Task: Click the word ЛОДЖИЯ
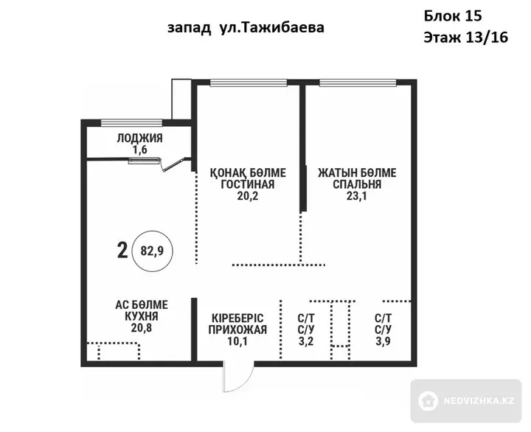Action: coord(139,138)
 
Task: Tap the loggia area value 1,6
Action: coord(140,150)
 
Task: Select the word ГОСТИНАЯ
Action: coord(248,184)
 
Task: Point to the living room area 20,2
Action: coord(248,196)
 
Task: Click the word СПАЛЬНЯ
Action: coord(357,184)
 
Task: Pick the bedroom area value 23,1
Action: coord(357,196)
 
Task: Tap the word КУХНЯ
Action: coord(142,316)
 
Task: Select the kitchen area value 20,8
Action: coord(142,328)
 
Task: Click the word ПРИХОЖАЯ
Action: coord(237,330)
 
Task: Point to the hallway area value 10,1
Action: coord(237,341)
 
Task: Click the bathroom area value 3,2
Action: coord(306,341)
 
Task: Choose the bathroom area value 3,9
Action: coord(383,341)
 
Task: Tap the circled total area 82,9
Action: coord(152,251)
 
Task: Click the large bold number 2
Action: coord(122,251)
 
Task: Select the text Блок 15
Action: coord(453,15)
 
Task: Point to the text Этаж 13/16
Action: coord(466,38)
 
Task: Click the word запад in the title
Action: coord(189,28)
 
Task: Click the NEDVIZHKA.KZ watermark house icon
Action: coord(428,401)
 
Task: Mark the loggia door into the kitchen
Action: coord(174,164)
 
